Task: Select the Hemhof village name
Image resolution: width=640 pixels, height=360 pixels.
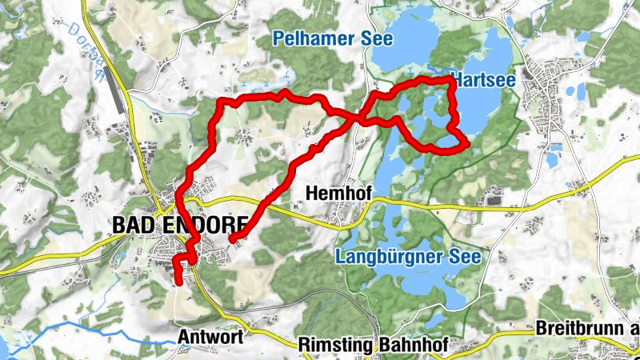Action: click(x=334, y=193)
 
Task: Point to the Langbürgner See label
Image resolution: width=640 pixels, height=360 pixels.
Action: click(x=408, y=258)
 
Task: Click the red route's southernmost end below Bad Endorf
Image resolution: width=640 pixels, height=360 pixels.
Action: click(x=178, y=281)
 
